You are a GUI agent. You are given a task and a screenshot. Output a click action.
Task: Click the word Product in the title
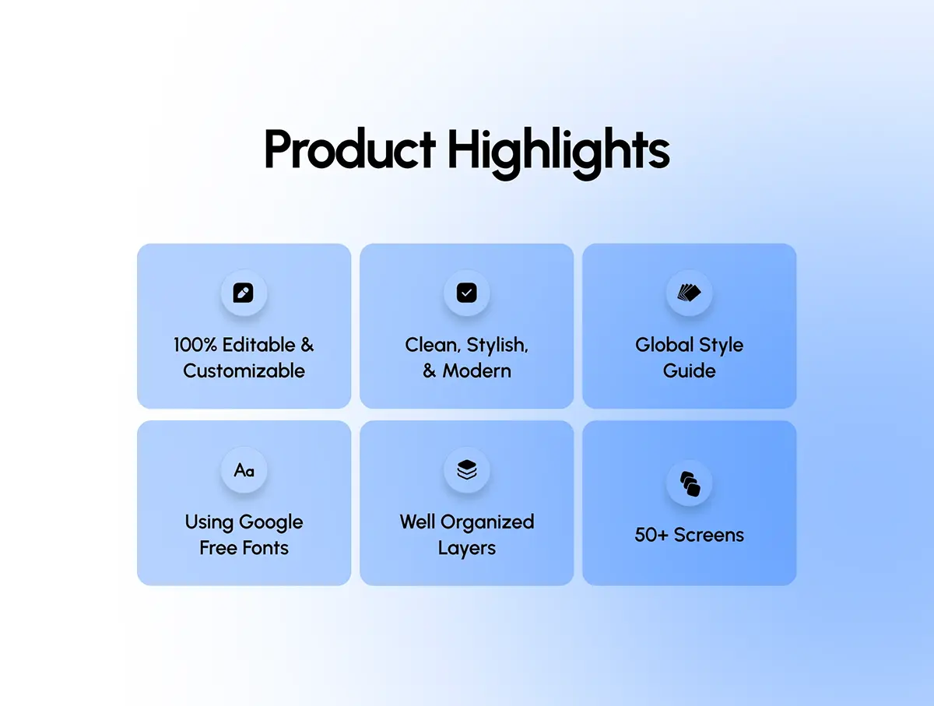click(x=349, y=149)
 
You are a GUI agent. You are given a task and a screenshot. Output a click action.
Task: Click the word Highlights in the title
click(x=558, y=153)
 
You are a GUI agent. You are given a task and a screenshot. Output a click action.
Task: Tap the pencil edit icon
click(x=244, y=293)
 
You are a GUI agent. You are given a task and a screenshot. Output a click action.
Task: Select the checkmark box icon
click(x=467, y=293)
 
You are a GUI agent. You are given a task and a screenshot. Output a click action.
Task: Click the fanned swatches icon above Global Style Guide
click(x=690, y=293)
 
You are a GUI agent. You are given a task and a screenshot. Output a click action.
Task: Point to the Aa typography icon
click(x=244, y=470)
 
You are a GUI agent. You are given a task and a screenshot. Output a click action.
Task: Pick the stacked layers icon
click(x=467, y=470)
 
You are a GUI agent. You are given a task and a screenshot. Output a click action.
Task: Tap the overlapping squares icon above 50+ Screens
click(x=690, y=483)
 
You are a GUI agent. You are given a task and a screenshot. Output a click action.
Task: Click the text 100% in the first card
click(x=195, y=345)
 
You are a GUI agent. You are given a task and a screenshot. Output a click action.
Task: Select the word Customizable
click(x=244, y=371)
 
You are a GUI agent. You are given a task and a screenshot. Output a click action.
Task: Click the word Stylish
click(x=497, y=346)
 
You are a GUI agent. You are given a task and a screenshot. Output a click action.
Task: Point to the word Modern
click(x=476, y=371)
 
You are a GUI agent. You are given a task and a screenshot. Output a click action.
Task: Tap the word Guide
click(x=690, y=371)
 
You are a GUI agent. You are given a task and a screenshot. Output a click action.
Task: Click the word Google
click(x=271, y=523)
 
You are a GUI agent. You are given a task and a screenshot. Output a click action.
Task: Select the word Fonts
click(x=265, y=548)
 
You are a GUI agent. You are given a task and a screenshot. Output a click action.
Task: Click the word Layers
click(x=467, y=549)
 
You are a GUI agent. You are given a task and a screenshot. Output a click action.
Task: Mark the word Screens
click(x=709, y=535)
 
